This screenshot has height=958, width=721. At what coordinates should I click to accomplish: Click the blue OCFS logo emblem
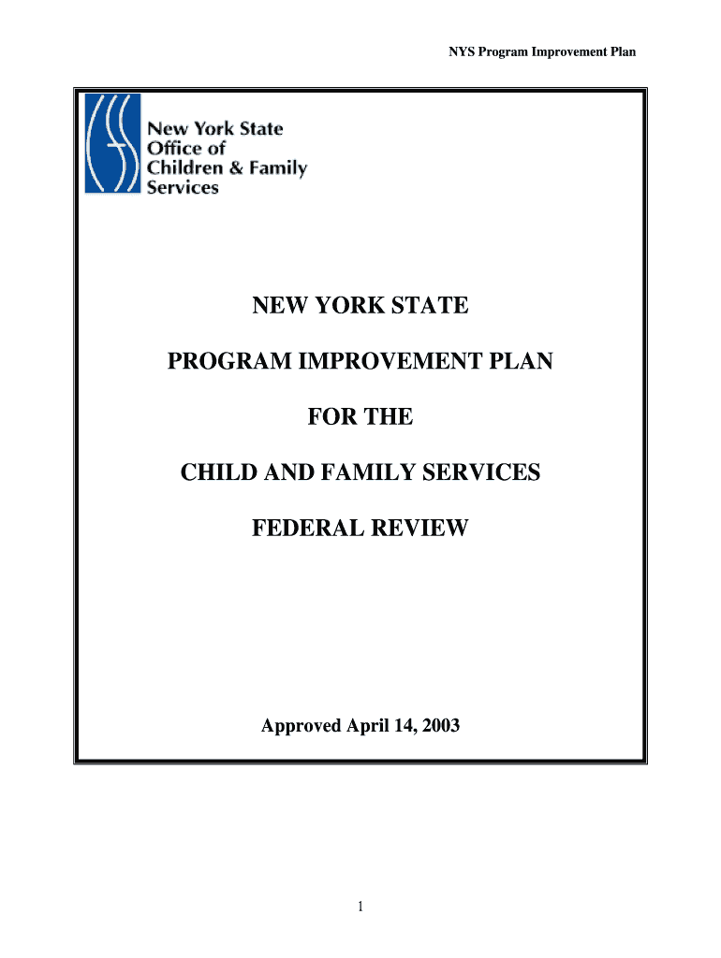point(112,143)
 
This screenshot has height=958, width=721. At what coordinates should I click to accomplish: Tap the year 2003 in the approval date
point(440,725)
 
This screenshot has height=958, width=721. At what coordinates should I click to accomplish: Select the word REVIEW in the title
point(421,530)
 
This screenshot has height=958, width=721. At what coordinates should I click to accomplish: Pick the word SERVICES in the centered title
point(484,473)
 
